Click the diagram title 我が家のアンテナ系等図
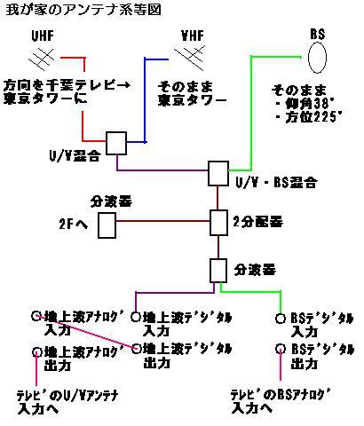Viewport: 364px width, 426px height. pos(83,10)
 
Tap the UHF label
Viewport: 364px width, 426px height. pos(43,35)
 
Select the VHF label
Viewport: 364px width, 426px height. pos(193,35)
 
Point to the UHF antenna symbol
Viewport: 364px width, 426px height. pos(42,59)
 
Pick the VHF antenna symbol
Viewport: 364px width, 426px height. pos(189,59)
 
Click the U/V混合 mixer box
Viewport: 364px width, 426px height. pos(116,143)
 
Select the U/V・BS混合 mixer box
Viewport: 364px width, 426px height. pos(218,173)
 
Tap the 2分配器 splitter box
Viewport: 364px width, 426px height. pos(218,223)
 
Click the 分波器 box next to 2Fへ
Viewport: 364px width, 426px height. pos(107,225)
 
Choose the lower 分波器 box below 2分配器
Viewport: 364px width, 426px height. pos(218,271)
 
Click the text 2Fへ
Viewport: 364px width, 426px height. pos(74,225)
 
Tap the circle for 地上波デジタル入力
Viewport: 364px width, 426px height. pos(136,317)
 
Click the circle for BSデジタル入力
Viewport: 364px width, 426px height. pos(280,319)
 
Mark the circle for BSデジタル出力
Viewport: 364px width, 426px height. pos(280,349)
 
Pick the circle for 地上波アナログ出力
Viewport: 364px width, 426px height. pos(36,351)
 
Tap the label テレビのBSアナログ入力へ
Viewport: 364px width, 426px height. pos(281,401)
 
